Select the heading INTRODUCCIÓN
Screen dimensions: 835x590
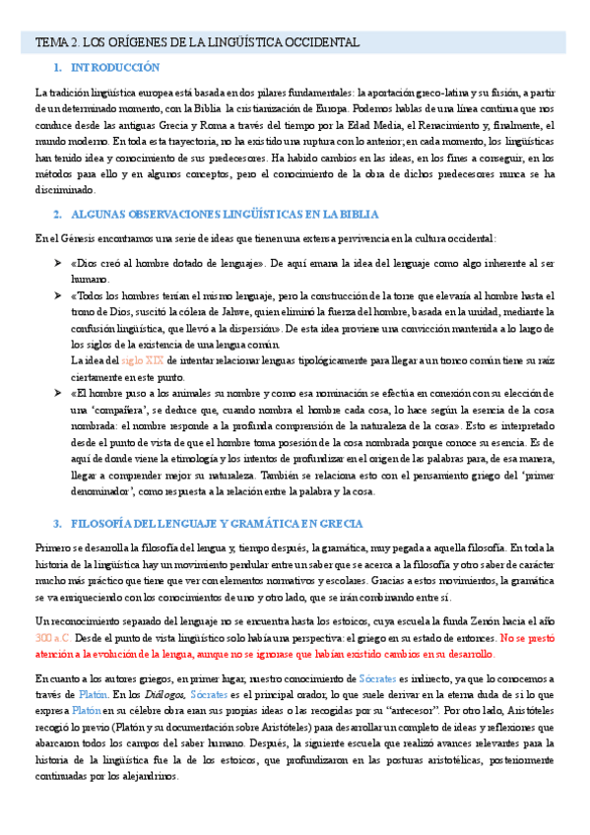(x=115, y=68)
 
